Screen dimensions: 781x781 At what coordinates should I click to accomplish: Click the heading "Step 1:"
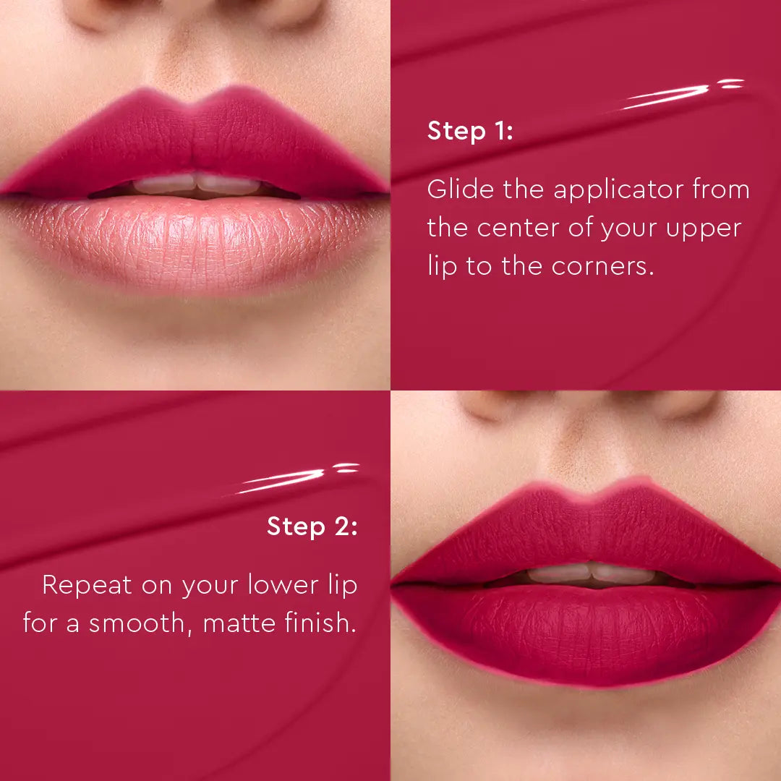tap(470, 131)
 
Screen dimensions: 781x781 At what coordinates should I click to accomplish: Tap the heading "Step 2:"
tap(312, 526)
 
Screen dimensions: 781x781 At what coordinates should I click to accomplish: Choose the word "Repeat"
tap(87, 585)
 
